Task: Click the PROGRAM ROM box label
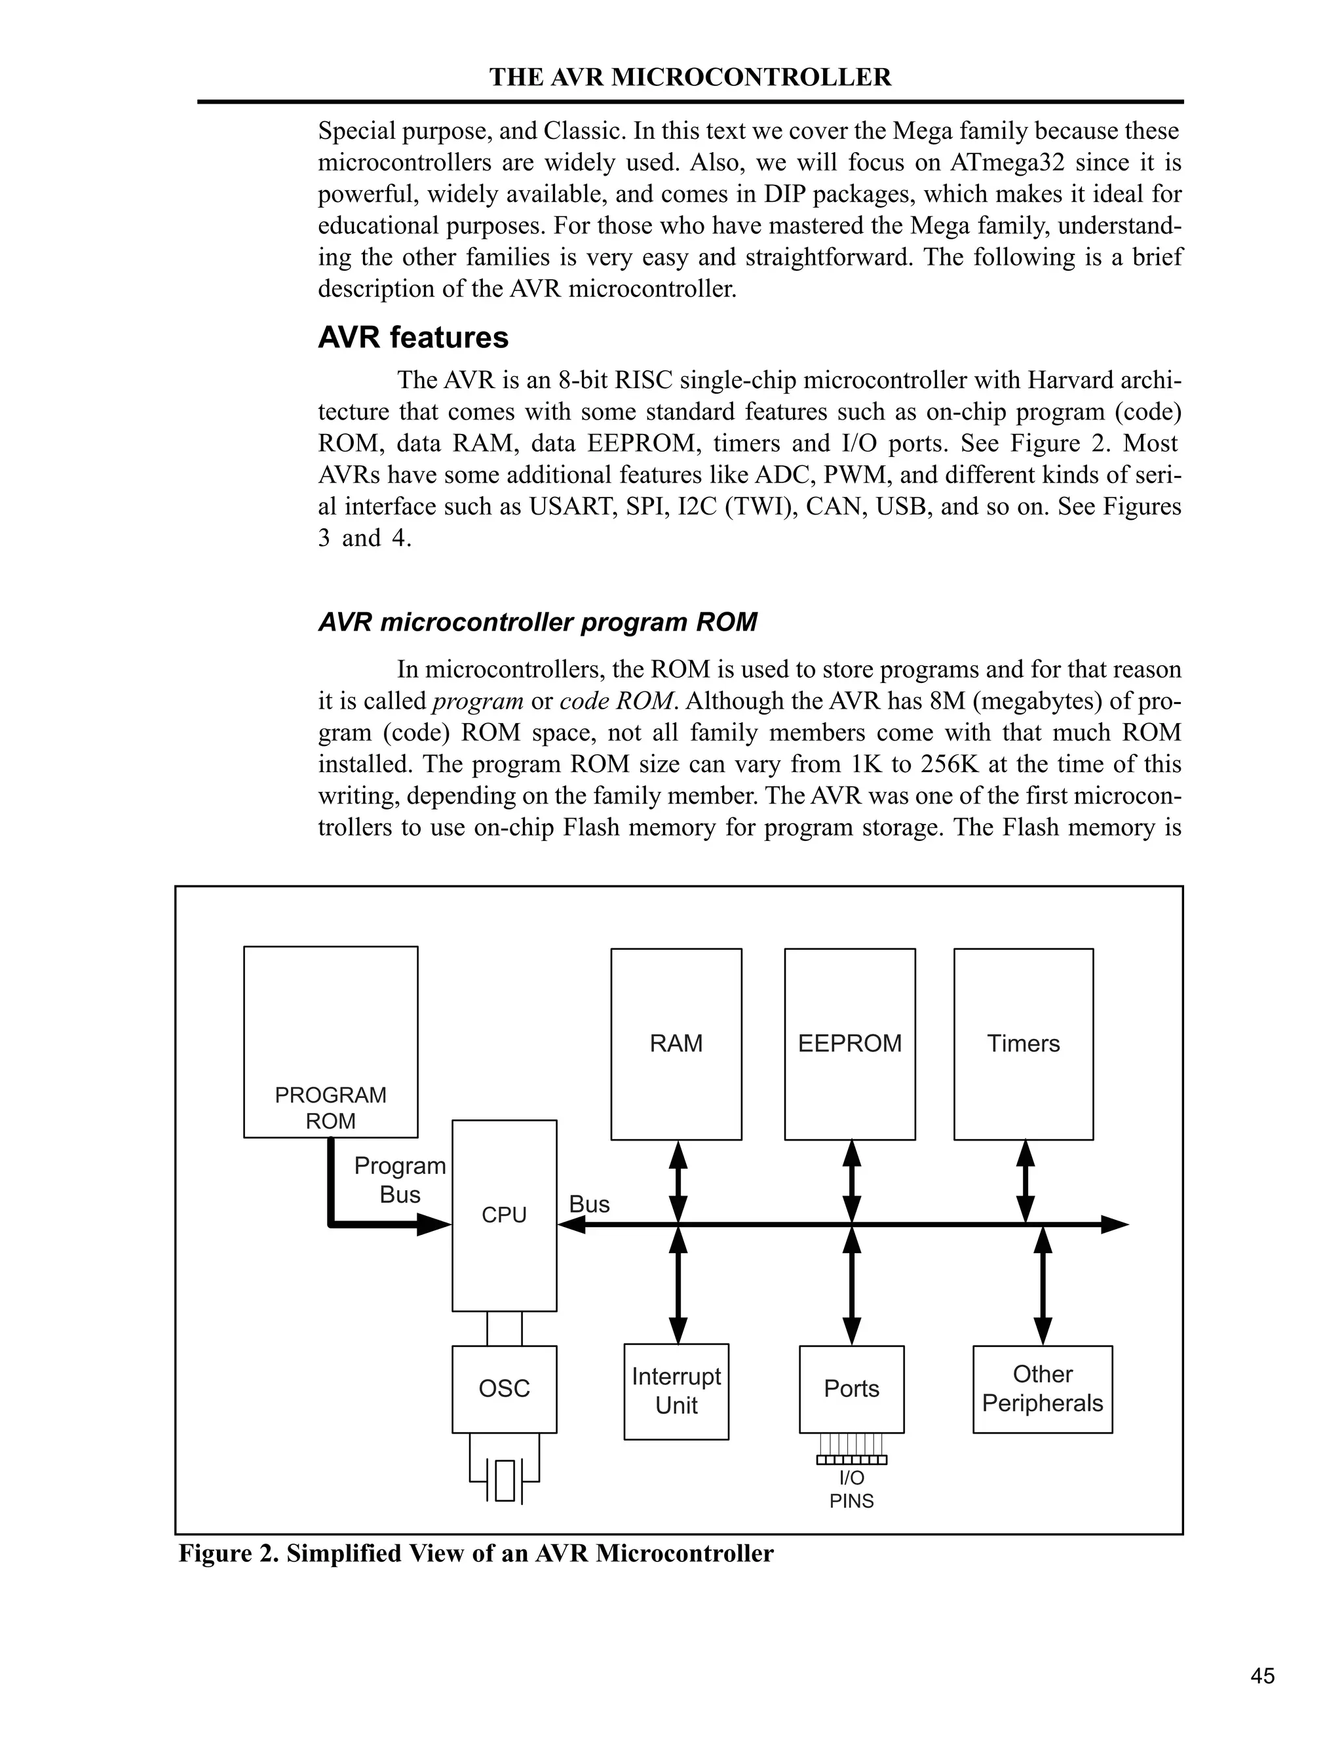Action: tap(330, 1107)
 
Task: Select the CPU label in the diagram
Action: tap(504, 1215)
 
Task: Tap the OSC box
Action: tap(504, 1389)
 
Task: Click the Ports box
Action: tap(851, 1389)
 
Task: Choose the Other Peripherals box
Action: tap(1043, 1389)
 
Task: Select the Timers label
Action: tap(1023, 1044)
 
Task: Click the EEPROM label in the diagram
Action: tap(850, 1044)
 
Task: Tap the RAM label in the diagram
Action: tap(676, 1044)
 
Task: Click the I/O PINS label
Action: tap(851, 1490)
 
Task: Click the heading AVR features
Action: tap(413, 337)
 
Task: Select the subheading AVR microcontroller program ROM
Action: tap(537, 622)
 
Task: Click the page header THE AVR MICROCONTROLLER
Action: tap(690, 77)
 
